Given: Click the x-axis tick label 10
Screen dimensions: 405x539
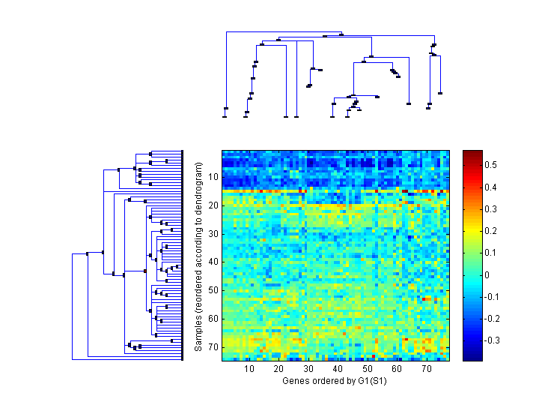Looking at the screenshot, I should click(249, 369).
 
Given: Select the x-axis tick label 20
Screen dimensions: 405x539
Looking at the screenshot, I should click(278, 369).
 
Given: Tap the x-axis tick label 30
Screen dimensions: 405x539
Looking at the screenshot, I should click(308, 369).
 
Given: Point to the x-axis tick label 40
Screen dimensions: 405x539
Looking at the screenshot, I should click(338, 369).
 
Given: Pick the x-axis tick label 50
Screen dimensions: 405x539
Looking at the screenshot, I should click(368, 369).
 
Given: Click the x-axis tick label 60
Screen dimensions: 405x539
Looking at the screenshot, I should click(397, 369).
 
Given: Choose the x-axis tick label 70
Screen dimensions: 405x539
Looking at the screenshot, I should click(426, 369).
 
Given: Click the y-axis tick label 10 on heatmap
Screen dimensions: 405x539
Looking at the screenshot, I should click(213, 177).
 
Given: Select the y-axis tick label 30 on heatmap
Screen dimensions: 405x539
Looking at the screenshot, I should click(213, 233).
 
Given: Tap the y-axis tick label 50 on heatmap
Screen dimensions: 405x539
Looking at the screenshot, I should click(213, 290).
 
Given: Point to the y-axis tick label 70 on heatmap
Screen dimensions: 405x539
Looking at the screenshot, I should click(213, 347).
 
